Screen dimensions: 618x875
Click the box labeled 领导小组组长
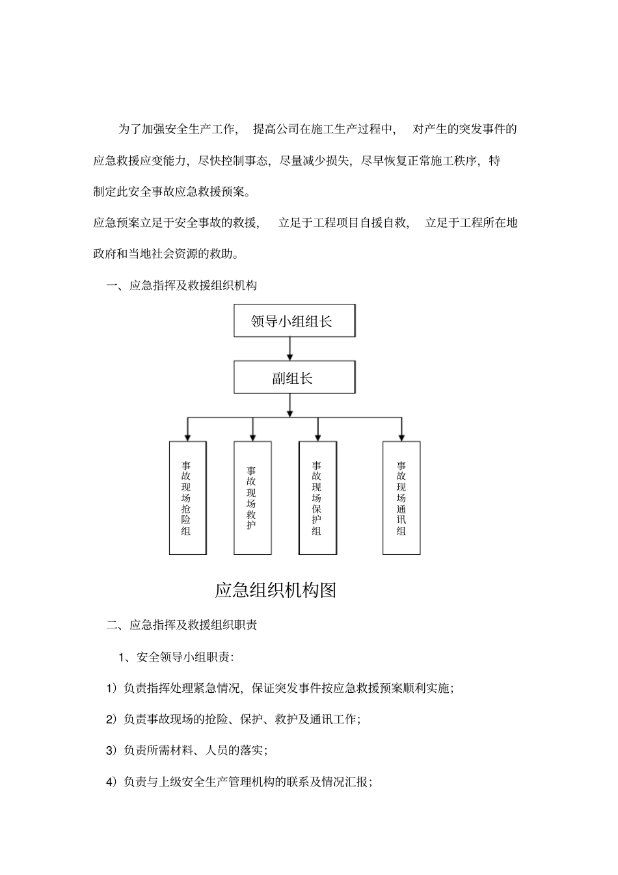click(x=294, y=321)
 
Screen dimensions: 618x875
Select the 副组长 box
click(x=294, y=378)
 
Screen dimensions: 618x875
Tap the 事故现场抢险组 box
click(x=187, y=498)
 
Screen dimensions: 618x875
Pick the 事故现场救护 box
click(x=252, y=498)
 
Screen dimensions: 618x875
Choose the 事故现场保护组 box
click(x=317, y=498)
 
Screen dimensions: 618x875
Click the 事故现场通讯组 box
click(x=401, y=498)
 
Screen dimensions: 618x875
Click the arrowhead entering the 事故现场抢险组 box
click(x=187, y=437)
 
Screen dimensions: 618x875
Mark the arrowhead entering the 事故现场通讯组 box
click(x=401, y=437)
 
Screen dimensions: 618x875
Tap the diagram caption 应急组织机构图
click(x=276, y=591)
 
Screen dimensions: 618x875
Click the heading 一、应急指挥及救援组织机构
click(x=181, y=286)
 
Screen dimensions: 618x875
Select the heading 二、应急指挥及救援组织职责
click(x=181, y=625)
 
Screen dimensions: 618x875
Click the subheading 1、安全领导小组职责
click(x=176, y=657)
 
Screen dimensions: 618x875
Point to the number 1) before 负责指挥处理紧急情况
click(x=111, y=688)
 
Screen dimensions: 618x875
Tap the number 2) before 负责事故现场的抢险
click(x=111, y=720)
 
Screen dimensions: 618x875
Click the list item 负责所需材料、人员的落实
click(x=195, y=751)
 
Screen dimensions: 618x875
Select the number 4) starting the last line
click(x=111, y=782)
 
